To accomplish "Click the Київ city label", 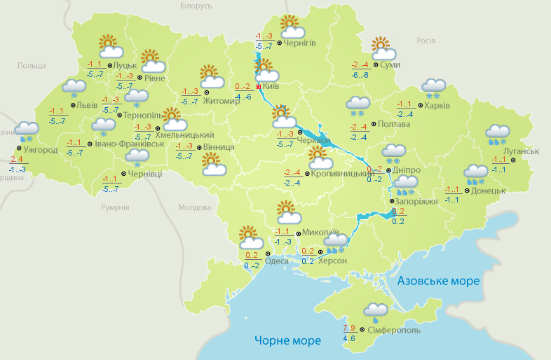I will [x=271, y=87].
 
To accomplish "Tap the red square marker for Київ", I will [x=258, y=87].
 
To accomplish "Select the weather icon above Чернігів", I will [x=292, y=27].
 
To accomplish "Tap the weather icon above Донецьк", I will [x=477, y=174].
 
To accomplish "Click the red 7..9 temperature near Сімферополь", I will [x=349, y=328].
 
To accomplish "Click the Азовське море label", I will [x=438, y=281].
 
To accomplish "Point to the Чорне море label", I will [x=287, y=340].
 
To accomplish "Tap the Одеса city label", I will [x=276, y=263].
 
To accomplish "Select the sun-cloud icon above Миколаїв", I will [x=287, y=211].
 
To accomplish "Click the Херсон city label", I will [x=332, y=261].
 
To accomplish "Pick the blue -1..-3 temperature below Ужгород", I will [x=18, y=169].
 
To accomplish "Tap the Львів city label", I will [x=86, y=105].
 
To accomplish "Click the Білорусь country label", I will [x=196, y=6].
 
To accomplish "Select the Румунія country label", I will [x=115, y=207].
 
